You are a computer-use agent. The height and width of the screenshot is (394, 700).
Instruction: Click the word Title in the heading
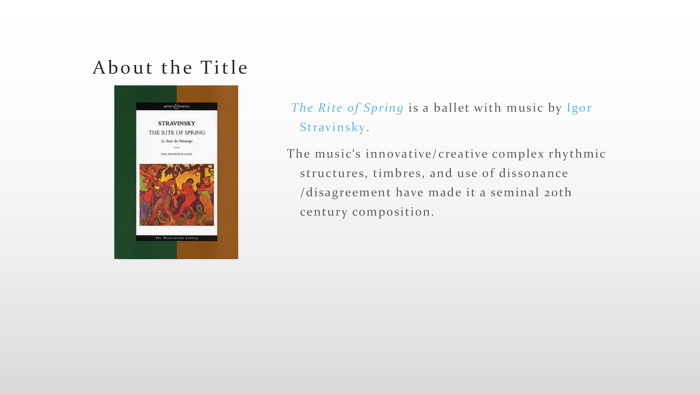(x=224, y=67)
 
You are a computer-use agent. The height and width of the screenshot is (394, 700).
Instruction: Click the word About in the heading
(x=122, y=67)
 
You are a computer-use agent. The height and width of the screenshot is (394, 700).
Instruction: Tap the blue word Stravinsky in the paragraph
(x=332, y=127)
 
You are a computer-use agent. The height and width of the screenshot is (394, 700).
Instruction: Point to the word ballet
(x=452, y=108)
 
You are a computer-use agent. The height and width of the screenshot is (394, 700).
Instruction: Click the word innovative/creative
(x=427, y=153)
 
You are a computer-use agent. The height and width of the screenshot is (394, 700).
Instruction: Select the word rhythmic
(x=577, y=154)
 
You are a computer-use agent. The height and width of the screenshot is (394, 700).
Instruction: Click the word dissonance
(x=533, y=173)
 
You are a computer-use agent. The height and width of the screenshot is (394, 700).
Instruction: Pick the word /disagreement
(x=346, y=193)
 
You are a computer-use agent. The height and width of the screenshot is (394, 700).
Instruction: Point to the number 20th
(x=558, y=192)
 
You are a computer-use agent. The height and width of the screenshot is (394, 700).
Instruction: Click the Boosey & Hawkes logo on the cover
(x=177, y=106)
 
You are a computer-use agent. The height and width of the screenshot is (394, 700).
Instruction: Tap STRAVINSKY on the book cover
(x=177, y=123)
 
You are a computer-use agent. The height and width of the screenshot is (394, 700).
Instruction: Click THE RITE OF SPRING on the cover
(x=177, y=132)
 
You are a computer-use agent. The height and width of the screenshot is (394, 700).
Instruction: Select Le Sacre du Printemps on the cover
(x=177, y=141)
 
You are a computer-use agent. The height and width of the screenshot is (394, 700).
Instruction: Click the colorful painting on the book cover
(x=177, y=195)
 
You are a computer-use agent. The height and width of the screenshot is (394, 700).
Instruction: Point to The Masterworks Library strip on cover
(x=177, y=238)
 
